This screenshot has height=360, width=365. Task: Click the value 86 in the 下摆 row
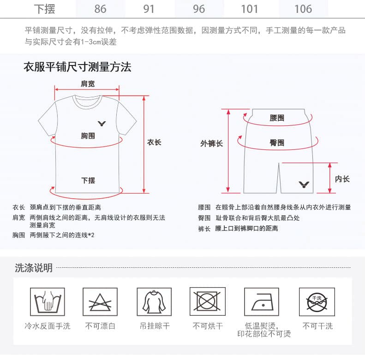coord(100,9)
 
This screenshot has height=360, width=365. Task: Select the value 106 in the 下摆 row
coord(303,9)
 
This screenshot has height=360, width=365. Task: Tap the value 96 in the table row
coord(199,9)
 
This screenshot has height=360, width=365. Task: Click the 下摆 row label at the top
coord(44,9)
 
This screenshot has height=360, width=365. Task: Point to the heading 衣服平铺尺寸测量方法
coord(78,67)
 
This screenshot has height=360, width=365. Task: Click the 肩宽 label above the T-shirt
coord(88,84)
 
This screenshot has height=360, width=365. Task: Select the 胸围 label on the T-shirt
coord(88,136)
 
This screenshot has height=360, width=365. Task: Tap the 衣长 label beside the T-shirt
coord(154,142)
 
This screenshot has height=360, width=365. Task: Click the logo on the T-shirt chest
coord(102,124)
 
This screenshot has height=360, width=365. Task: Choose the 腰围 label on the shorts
coord(277,118)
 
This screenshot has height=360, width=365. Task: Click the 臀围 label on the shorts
coord(277,142)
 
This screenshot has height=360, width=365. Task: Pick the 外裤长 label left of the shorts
coord(212,143)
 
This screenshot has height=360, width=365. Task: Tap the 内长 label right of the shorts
coord(342,179)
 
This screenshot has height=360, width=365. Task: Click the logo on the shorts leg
coord(304,185)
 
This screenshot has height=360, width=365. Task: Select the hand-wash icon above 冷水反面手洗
coord(48,301)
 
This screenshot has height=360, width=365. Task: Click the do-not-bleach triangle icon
coord(100,301)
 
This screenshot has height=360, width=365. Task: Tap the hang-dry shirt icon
coord(154,301)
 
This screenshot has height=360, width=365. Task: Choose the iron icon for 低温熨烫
coord(262,301)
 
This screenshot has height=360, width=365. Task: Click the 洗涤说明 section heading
coord(34,268)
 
